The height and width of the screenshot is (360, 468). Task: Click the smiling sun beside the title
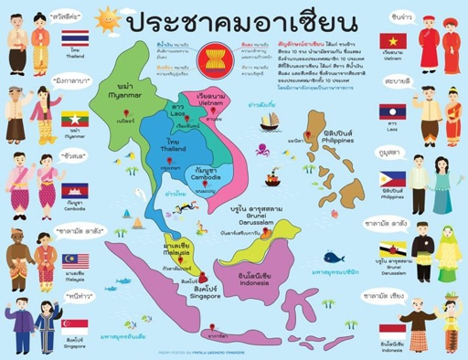[x=109, y=17]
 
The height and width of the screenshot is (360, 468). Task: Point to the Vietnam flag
[x=395, y=41]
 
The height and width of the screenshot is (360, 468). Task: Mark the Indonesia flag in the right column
[x=394, y=329]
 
